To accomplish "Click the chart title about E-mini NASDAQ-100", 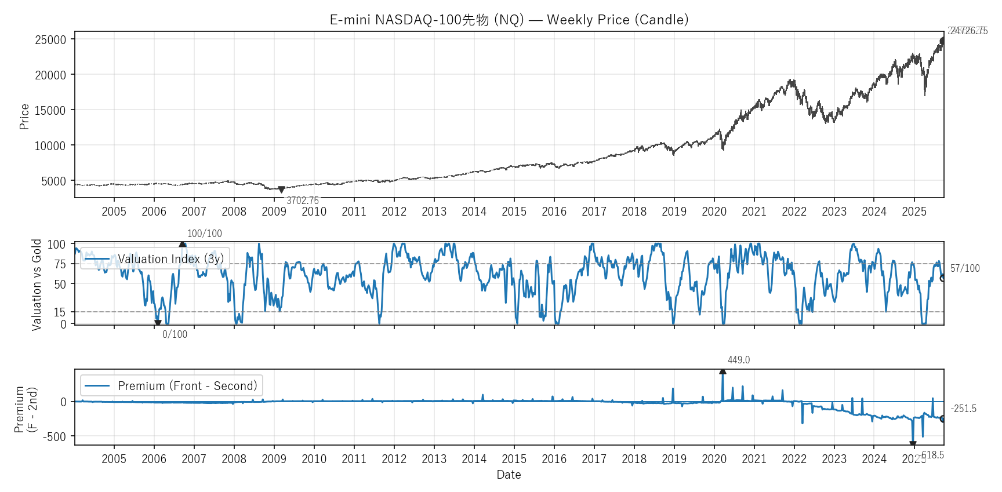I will pos(509,20).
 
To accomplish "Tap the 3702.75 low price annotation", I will pos(303,201).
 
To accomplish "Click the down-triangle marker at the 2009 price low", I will pos(281,189).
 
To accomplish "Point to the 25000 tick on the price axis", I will pos(51,40).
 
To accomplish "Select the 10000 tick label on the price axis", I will pos(51,146).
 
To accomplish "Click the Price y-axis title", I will pos(24,116).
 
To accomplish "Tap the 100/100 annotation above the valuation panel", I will pos(204,234).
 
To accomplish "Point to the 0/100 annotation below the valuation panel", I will pos(175,334).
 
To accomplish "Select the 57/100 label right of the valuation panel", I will pos(965,268).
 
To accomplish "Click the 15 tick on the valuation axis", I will pos(60,312).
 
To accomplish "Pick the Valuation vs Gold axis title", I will pos(37,285).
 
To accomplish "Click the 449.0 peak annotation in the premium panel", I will pos(739,360).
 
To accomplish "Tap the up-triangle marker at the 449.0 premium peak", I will pos(723,371).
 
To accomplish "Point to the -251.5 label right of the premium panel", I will pos(964,409).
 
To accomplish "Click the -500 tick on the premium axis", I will pos(55,436).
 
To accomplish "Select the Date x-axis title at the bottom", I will pos(509,475).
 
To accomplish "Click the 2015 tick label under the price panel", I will pos(514,212).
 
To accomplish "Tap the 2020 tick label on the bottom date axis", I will pos(714,459).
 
